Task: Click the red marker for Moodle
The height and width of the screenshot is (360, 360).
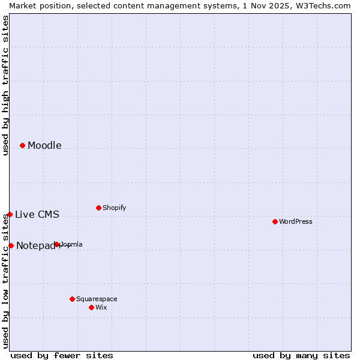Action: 22,145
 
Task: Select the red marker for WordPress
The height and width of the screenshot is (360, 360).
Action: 275,221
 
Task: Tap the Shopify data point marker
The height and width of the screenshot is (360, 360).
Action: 98,208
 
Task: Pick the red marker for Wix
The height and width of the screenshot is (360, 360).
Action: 91,307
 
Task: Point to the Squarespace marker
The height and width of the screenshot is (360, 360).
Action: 72,299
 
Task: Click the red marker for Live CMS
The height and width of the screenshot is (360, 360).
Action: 10,214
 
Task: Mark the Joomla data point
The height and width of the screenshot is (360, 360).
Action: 57,244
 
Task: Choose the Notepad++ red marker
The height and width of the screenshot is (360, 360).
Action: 11,245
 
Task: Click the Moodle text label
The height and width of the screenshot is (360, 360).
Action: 44,146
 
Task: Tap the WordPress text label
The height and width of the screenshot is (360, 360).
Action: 296,222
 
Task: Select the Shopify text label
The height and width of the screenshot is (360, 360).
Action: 114,208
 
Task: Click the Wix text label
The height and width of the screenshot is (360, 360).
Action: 101,308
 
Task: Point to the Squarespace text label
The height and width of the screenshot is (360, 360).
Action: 97,299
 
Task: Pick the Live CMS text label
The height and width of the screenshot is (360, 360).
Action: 37,215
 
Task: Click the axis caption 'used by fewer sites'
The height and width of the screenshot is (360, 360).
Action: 62,355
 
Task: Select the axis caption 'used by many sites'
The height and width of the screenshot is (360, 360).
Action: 301,355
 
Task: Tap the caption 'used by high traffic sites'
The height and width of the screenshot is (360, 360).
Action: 5,85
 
